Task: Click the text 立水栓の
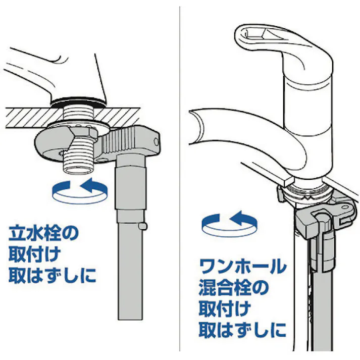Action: [43, 233]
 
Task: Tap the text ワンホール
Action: [243, 266]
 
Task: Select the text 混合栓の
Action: [233, 288]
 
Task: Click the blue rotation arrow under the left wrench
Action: [80, 191]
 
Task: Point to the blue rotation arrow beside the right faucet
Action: [229, 224]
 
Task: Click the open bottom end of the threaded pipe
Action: [78, 169]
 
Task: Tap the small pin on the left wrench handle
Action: [142, 226]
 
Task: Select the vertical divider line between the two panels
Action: [180, 179]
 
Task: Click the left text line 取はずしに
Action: [52, 275]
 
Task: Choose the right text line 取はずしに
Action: [242, 330]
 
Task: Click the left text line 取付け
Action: [34, 254]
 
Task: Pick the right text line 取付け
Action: [225, 309]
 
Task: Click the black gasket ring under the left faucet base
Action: [79, 102]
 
